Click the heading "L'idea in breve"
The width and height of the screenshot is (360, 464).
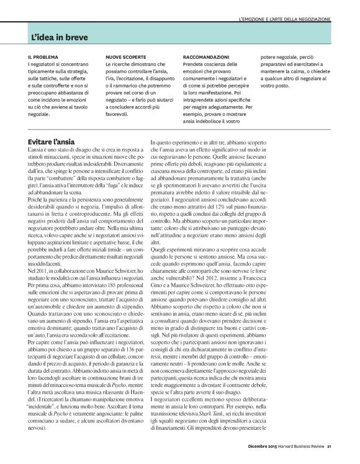[x=60, y=37]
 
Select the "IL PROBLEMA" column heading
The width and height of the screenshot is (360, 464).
[x=42, y=56]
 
